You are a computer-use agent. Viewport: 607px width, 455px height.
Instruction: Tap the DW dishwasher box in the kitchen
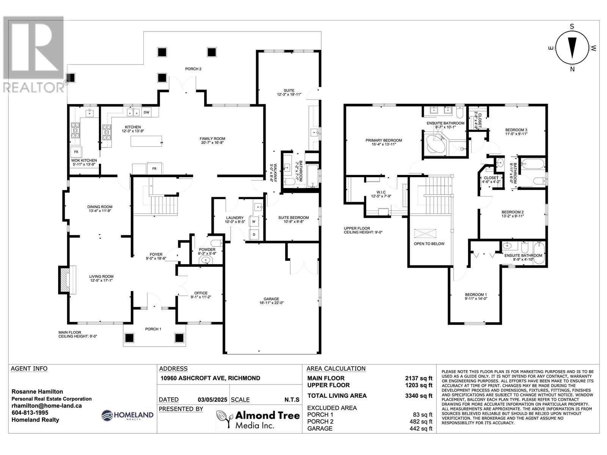[x=146, y=112]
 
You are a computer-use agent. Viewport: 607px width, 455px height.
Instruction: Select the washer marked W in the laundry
[x=253, y=221]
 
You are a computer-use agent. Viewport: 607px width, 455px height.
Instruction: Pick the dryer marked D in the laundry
[x=253, y=235]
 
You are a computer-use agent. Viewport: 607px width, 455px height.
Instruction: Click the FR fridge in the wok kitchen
[x=76, y=152]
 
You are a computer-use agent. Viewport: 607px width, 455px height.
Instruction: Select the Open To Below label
[x=429, y=244]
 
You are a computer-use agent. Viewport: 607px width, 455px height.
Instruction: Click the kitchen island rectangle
[x=146, y=141]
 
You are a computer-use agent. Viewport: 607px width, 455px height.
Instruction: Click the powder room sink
[x=206, y=260]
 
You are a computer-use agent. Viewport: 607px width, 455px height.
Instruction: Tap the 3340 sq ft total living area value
[x=419, y=395]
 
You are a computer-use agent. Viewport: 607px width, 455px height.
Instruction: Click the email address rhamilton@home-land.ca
[x=47, y=406]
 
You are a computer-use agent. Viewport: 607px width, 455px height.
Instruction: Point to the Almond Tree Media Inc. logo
[x=258, y=419]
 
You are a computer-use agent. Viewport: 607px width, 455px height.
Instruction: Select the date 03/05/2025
[x=212, y=400]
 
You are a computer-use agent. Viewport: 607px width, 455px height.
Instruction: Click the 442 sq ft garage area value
[x=421, y=428]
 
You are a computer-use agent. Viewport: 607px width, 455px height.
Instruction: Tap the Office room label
[x=201, y=293]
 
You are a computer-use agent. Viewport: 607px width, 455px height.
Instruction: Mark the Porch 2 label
[x=193, y=69]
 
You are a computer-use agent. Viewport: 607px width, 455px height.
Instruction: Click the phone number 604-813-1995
[x=30, y=413]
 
